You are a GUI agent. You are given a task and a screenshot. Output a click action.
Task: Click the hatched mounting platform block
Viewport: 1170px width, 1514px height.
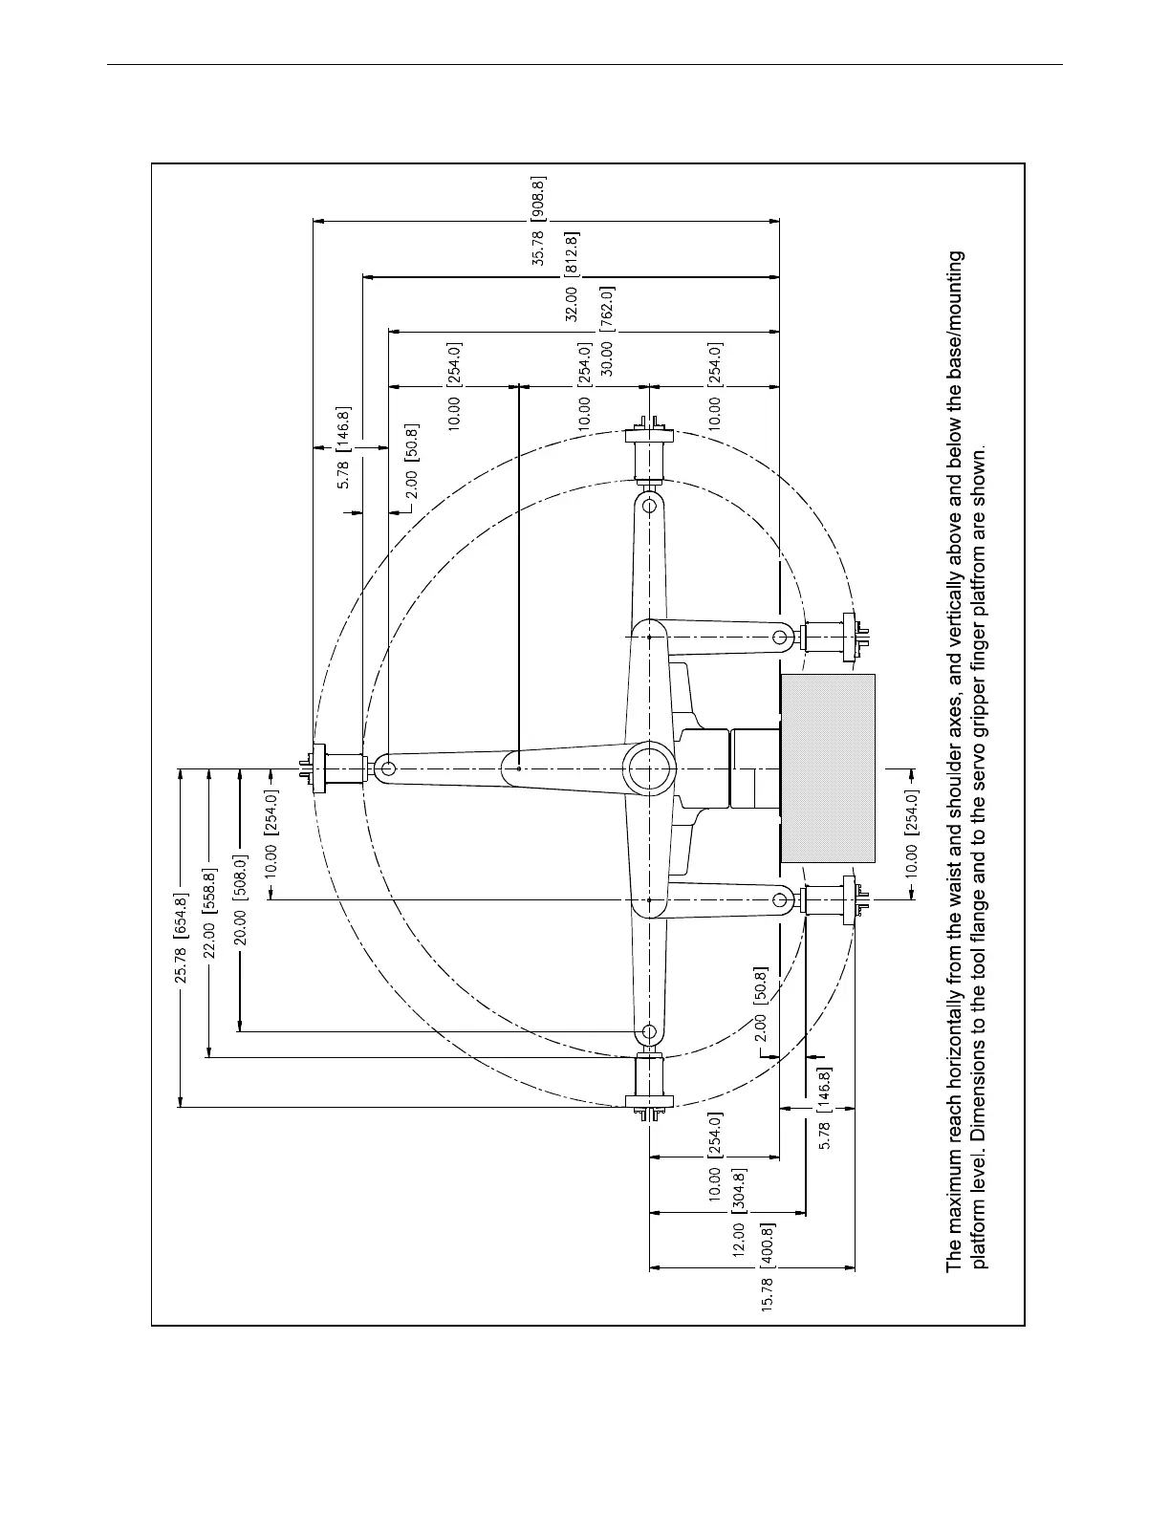click(x=828, y=768)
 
